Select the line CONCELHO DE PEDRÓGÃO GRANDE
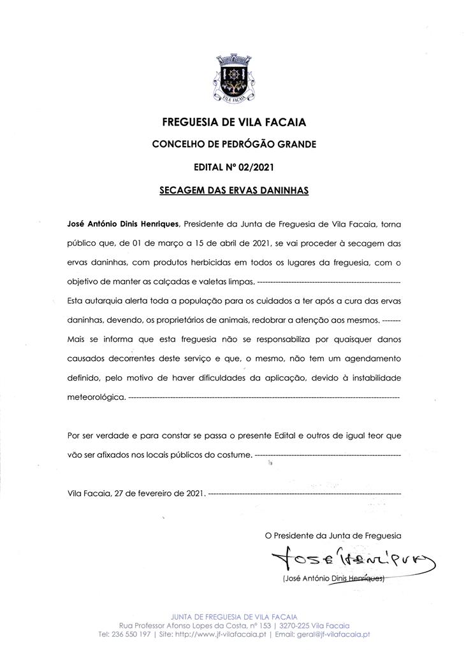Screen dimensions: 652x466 234,145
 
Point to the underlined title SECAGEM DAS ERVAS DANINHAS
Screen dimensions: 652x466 234,190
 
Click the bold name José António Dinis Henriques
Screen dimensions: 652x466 124,224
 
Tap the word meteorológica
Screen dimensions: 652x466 96,397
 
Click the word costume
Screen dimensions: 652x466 232,455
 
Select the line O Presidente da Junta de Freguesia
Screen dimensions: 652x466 333,536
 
